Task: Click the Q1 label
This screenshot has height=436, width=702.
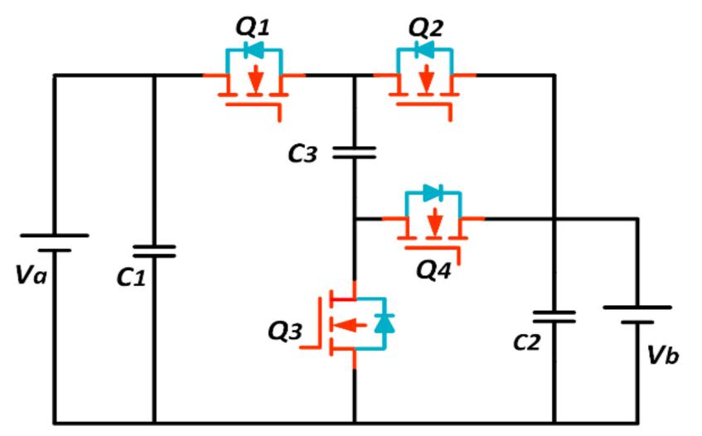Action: tap(254, 27)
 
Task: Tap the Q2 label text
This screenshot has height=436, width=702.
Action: tap(425, 27)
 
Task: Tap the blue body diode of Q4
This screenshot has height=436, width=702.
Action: tap(432, 194)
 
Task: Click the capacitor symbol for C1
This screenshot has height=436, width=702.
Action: tap(154, 250)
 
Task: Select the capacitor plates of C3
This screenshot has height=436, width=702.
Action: tap(354, 153)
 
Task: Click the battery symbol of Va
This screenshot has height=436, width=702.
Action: tap(54, 242)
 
